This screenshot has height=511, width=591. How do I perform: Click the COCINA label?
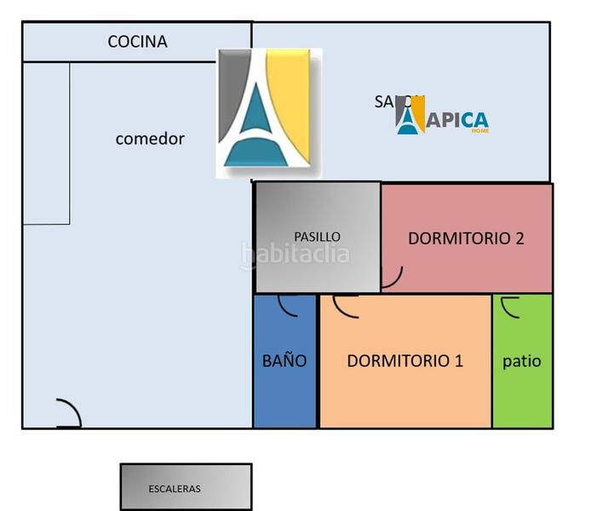137,42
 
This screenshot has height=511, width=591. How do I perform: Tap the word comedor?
150,139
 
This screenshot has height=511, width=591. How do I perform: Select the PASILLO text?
317,236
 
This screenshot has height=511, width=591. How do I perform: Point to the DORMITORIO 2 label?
466,238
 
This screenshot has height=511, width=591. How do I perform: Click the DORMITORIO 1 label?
405,361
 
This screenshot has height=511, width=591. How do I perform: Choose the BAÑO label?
284,361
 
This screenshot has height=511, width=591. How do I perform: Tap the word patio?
521,361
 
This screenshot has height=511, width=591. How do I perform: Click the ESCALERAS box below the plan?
186,487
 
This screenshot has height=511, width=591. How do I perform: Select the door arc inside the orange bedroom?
344,306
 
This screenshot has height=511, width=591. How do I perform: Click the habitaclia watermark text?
295,254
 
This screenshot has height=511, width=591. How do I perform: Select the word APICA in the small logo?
456,119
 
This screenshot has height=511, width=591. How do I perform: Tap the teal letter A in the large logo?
255,128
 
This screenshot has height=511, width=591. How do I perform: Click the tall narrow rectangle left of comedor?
46,143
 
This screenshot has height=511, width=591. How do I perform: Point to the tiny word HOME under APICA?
479,131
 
